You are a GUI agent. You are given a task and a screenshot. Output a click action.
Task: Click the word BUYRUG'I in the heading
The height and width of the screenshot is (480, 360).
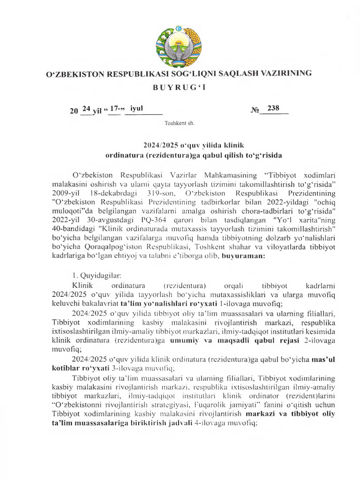click(x=180, y=88)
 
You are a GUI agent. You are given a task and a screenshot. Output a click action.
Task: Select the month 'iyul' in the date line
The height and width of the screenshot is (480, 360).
click(x=137, y=108)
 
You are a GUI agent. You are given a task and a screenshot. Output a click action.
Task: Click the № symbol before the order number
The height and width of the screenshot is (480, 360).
click(x=255, y=111)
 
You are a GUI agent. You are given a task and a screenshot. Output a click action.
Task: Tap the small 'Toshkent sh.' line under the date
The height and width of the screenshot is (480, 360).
click(x=180, y=124)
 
